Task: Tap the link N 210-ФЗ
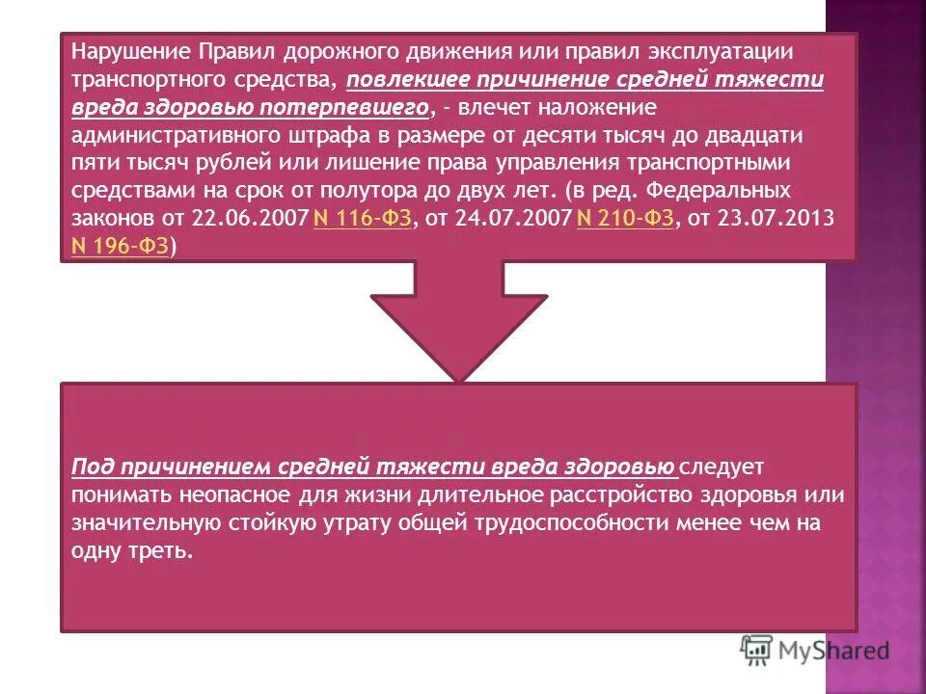[624, 219]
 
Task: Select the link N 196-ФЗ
[121, 247]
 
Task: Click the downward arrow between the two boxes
[459, 318]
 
